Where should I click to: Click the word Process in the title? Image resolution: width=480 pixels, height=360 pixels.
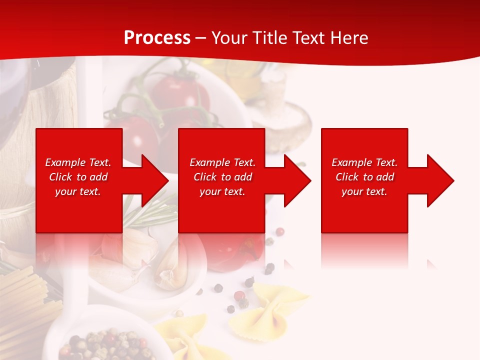coord(157,38)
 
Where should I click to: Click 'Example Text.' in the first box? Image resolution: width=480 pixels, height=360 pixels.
coord(78,162)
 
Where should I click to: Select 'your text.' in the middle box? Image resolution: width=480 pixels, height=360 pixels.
coord(222,191)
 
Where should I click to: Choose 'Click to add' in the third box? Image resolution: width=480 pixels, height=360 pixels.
coord(364,177)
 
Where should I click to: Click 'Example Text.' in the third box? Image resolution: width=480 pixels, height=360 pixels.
coord(364,162)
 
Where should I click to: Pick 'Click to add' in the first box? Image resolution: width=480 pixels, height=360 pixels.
coord(78,177)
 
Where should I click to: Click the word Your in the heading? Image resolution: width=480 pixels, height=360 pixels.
coord(229,38)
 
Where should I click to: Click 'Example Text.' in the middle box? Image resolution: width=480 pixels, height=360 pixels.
coord(222,162)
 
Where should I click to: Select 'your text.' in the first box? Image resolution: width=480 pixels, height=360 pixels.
coord(78,191)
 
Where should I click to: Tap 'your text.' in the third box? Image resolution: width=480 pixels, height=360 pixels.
coord(364,191)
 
